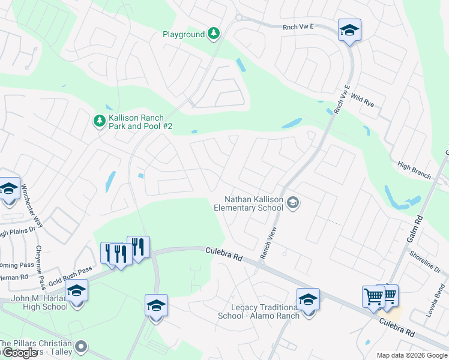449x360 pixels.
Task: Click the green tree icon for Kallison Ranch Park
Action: pyautogui.click(x=99, y=121)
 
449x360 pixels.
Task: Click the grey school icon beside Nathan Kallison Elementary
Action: pyautogui.click(x=293, y=203)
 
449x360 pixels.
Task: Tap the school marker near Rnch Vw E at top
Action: pyautogui.click(x=349, y=30)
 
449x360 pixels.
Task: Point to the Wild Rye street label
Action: pyautogui.click(x=362, y=100)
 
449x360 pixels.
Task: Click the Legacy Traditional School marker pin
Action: pyautogui.click(x=308, y=299)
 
